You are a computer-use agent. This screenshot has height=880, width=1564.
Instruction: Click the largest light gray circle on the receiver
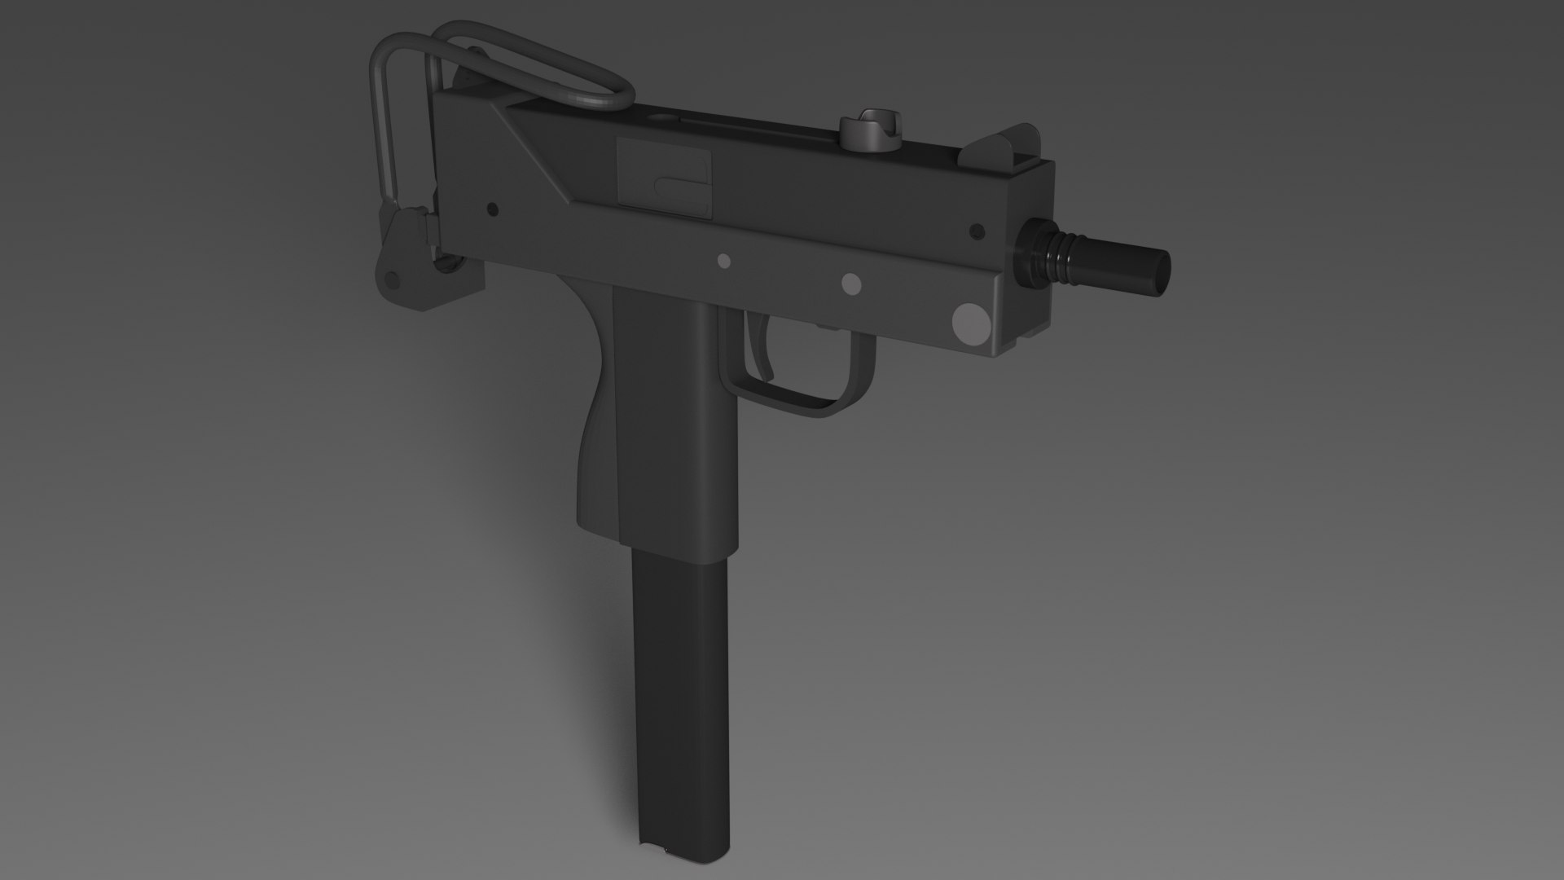(x=969, y=323)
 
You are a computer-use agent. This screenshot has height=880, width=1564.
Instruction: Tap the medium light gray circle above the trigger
(x=850, y=283)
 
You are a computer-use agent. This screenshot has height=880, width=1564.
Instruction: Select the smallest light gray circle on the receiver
(x=723, y=261)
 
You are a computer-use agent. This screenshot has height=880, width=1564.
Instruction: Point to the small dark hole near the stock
(x=491, y=209)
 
